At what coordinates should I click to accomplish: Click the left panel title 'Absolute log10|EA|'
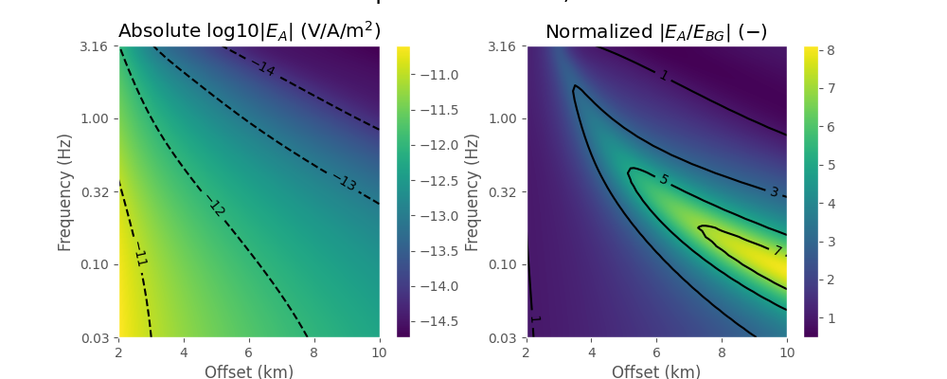pyautogui.click(x=249, y=31)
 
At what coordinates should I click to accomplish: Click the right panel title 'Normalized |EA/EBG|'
pyautogui.click(x=656, y=31)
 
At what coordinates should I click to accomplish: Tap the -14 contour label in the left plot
pyautogui.click(x=264, y=68)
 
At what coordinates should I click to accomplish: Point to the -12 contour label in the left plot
pyautogui.click(x=216, y=208)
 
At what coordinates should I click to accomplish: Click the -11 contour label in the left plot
pyautogui.click(x=140, y=258)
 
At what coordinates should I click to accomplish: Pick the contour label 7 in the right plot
pyautogui.click(x=777, y=251)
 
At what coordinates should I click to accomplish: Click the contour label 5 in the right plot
pyautogui.click(x=663, y=180)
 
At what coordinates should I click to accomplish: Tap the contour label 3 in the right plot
pyautogui.click(x=774, y=192)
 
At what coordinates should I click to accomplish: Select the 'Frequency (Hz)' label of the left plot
pyautogui.click(x=65, y=191)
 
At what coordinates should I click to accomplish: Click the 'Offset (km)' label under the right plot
pyautogui.click(x=656, y=371)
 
